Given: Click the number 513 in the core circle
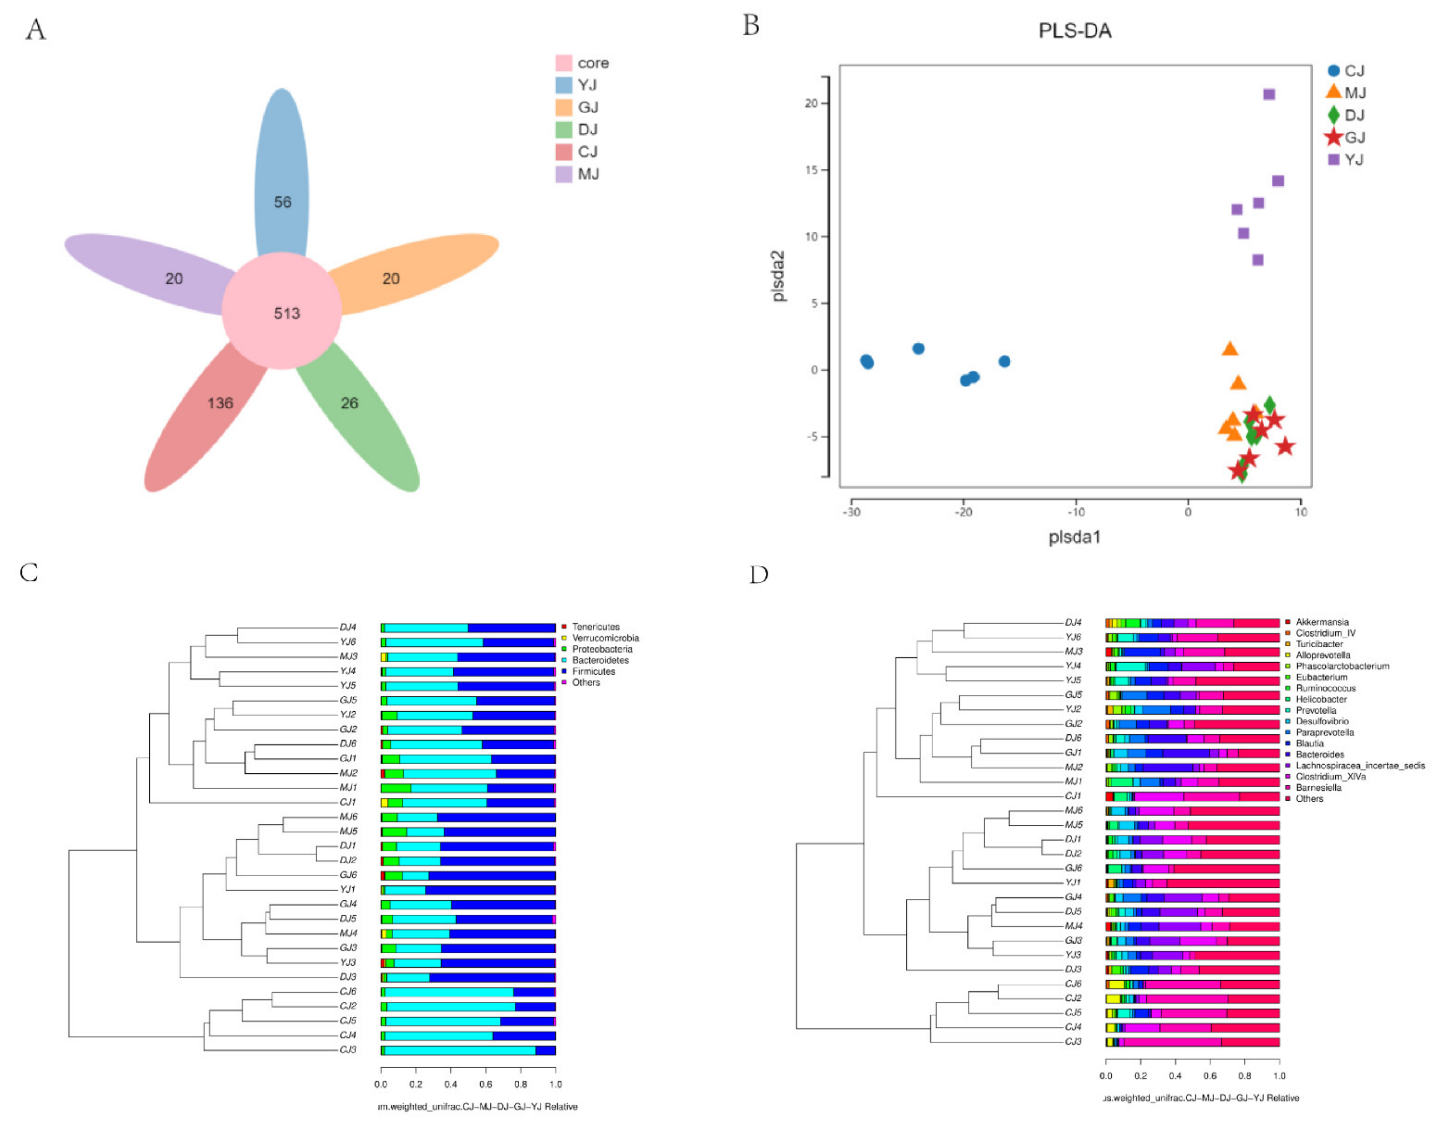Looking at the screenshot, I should click(287, 313).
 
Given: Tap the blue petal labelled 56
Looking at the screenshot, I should click(282, 178).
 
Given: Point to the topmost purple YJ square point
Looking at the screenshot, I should click(1268, 94).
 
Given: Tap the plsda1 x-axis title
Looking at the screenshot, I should click(1075, 537).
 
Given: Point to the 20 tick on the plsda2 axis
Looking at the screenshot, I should click(811, 104).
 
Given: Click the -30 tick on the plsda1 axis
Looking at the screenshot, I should click(851, 512).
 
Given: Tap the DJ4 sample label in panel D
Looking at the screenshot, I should click(1073, 623).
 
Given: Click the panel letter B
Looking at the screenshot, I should click(751, 26).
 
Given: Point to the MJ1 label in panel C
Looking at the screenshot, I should click(347, 787).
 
